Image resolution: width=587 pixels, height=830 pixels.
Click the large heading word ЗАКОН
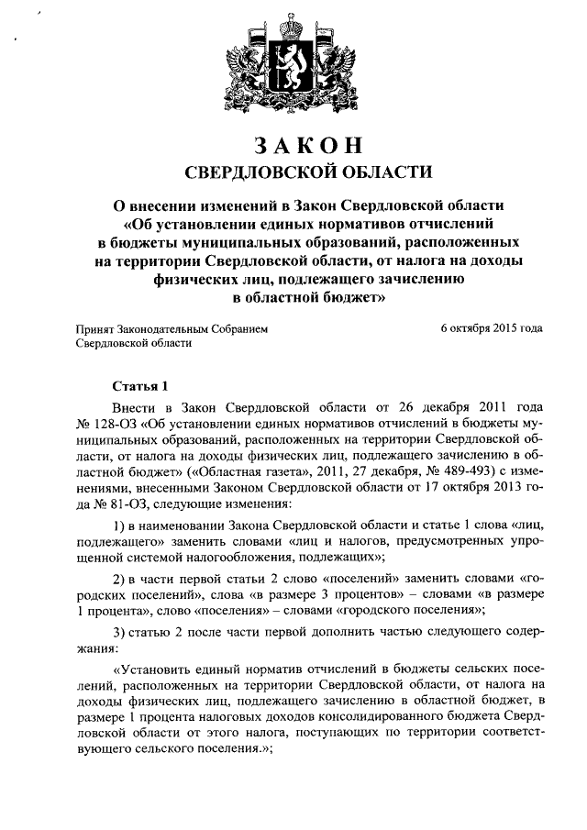(x=293, y=146)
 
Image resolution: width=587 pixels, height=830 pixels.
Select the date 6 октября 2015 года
(x=492, y=327)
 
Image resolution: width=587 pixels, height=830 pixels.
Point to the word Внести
(x=134, y=406)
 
